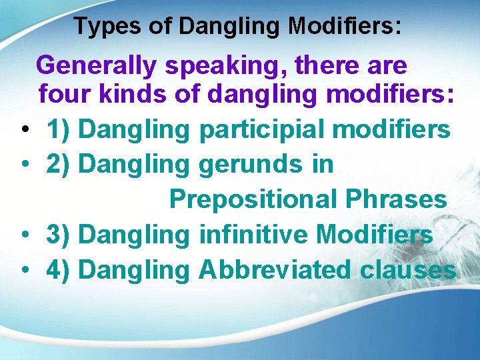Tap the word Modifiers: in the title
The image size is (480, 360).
point(345,27)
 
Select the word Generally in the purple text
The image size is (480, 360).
point(96,65)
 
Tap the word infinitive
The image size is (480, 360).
point(253,235)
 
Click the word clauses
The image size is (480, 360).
point(408,270)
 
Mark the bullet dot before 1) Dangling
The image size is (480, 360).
point(24,129)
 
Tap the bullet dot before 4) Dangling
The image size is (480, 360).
point(24,270)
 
